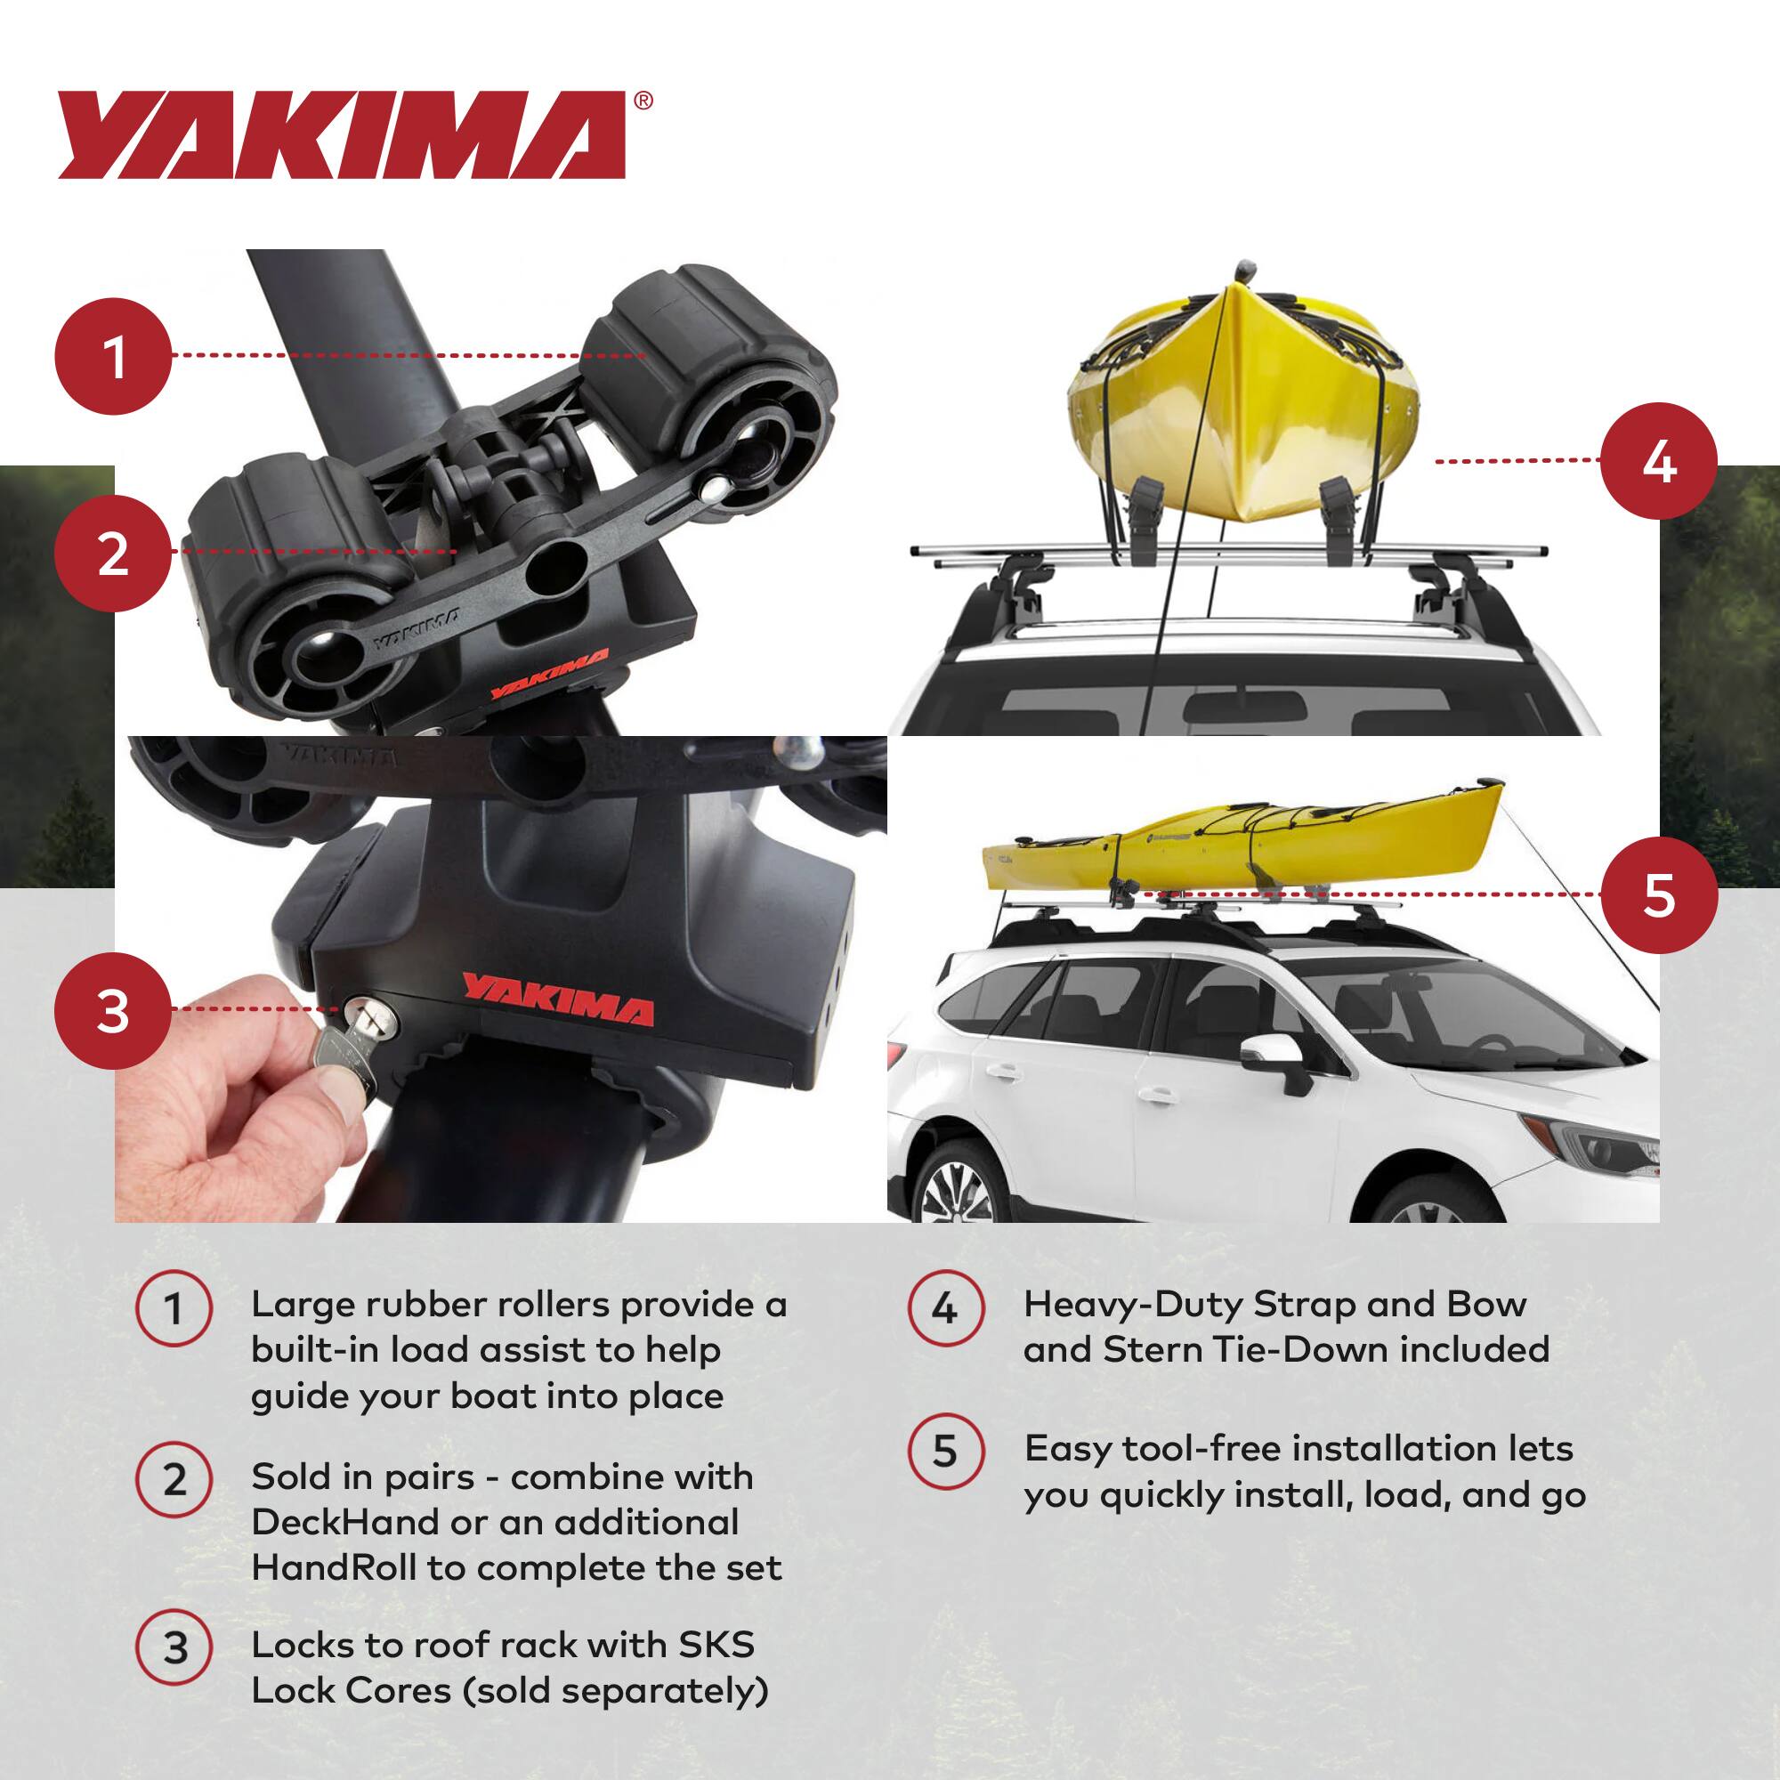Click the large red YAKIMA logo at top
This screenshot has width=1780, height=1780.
[341, 134]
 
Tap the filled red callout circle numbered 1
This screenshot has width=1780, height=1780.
[113, 357]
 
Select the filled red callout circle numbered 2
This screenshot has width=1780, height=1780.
[113, 553]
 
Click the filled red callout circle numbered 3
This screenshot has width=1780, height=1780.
[113, 1011]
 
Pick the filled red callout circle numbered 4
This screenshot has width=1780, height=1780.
[1658, 461]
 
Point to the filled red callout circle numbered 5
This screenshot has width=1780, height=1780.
[1658, 894]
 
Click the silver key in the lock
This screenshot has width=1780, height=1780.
[345, 1050]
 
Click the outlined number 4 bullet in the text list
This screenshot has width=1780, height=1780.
[946, 1308]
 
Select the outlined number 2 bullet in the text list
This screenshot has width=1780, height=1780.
[174, 1481]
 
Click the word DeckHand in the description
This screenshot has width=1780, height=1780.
[344, 1522]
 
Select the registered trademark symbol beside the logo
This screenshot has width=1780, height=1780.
[644, 101]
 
